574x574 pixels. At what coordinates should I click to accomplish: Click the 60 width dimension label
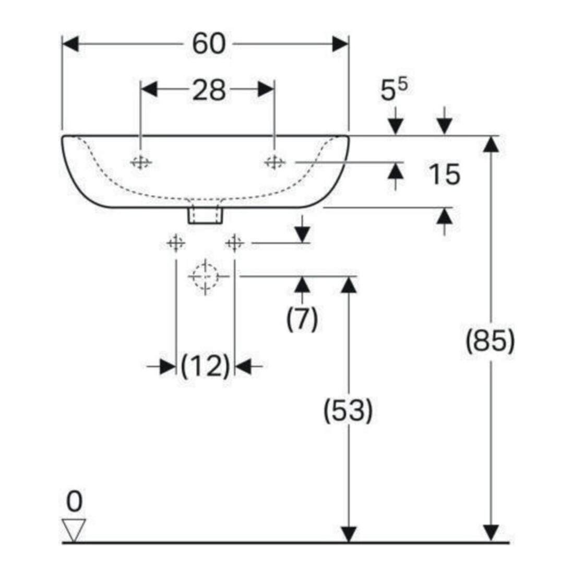(x=209, y=44)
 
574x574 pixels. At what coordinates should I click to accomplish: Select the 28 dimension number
(x=209, y=90)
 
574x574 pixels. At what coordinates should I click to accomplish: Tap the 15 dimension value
(x=444, y=174)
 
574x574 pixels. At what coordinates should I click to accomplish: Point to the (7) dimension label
(x=302, y=319)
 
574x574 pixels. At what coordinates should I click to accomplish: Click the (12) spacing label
(x=206, y=366)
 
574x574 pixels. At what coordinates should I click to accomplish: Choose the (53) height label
(x=348, y=410)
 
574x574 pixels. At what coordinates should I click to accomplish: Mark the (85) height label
(x=490, y=340)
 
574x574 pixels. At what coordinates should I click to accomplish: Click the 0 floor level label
(x=74, y=501)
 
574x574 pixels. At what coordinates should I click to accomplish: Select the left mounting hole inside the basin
(x=140, y=162)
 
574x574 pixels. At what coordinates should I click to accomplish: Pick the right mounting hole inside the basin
(x=274, y=162)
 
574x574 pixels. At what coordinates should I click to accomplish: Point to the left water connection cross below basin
(x=176, y=243)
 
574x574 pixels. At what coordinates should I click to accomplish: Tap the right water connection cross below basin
(x=235, y=243)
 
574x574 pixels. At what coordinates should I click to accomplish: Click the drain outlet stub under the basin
(x=205, y=215)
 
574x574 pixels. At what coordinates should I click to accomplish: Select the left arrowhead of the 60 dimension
(x=70, y=44)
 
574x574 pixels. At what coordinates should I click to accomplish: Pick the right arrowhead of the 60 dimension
(x=340, y=44)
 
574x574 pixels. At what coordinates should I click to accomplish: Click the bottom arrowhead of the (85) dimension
(x=491, y=533)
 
